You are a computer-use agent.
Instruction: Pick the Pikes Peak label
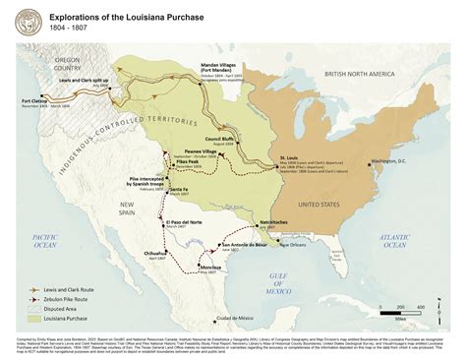188,160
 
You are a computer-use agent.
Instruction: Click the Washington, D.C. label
391,160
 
